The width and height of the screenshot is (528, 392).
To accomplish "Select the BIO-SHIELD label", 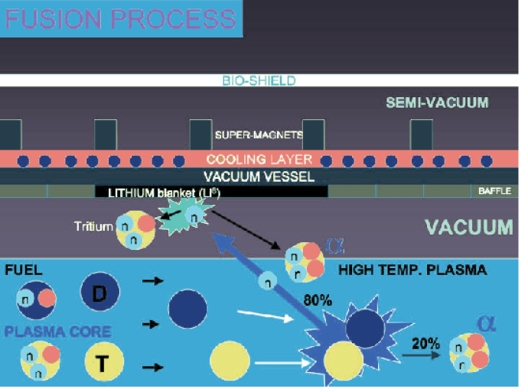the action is point(259,80).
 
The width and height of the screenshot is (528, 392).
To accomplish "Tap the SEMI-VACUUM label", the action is point(437,102).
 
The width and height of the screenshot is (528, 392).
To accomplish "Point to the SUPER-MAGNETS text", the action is point(259,135).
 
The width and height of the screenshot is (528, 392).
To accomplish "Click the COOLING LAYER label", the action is point(259,160).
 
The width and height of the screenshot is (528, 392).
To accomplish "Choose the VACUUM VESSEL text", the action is point(259,177).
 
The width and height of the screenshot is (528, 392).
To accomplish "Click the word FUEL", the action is point(24,270).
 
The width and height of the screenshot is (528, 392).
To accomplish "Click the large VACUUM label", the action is point(468,226).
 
